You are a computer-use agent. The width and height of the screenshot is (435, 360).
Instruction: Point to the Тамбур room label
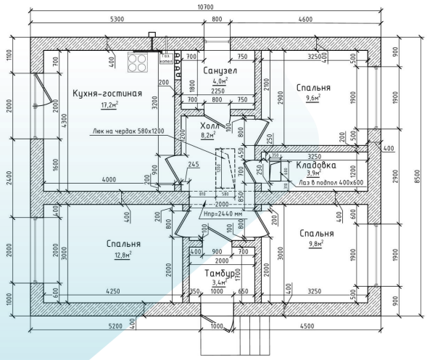pyautogui.click(x=219, y=273)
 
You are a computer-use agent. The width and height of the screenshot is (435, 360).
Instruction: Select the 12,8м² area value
pyautogui.click(x=112, y=255)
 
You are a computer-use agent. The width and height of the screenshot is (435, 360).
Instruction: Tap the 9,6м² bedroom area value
pyautogui.click(x=312, y=98)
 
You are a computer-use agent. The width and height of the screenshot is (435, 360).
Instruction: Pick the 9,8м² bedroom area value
pyautogui.click(x=315, y=245)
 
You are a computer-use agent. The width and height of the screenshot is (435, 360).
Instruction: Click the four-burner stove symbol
pyautogui.click(x=138, y=62)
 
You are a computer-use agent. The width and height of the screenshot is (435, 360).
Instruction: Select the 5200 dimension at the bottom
pyautogui.click(x=115, y=326)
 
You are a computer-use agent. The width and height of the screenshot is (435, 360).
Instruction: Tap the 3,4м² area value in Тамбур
pyautogui.click(x=219, y=284)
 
